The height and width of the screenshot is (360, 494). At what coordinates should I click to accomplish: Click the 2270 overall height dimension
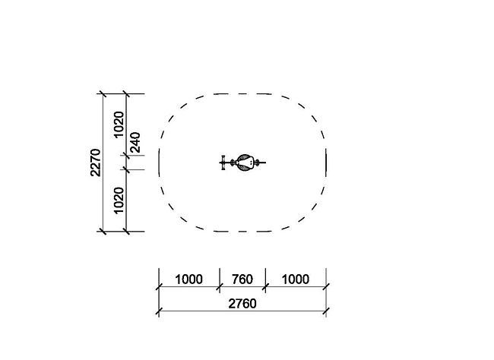click(96, 163)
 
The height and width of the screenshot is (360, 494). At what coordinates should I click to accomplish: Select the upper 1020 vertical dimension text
click(119, 125)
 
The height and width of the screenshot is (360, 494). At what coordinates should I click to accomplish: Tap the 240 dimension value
click(135, 142)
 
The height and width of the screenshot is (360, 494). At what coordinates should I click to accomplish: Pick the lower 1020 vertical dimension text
click(119, 201)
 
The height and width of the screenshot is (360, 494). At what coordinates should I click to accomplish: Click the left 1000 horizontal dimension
click(188, 279)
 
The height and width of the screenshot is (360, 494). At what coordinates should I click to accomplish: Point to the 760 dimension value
click(242, 279)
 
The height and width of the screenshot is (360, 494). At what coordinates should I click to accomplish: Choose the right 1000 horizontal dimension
click(296, 279)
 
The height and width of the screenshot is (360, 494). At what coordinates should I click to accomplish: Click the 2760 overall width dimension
click(242, 304)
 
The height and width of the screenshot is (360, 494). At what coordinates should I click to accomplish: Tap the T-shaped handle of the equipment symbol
click(223, 163)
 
